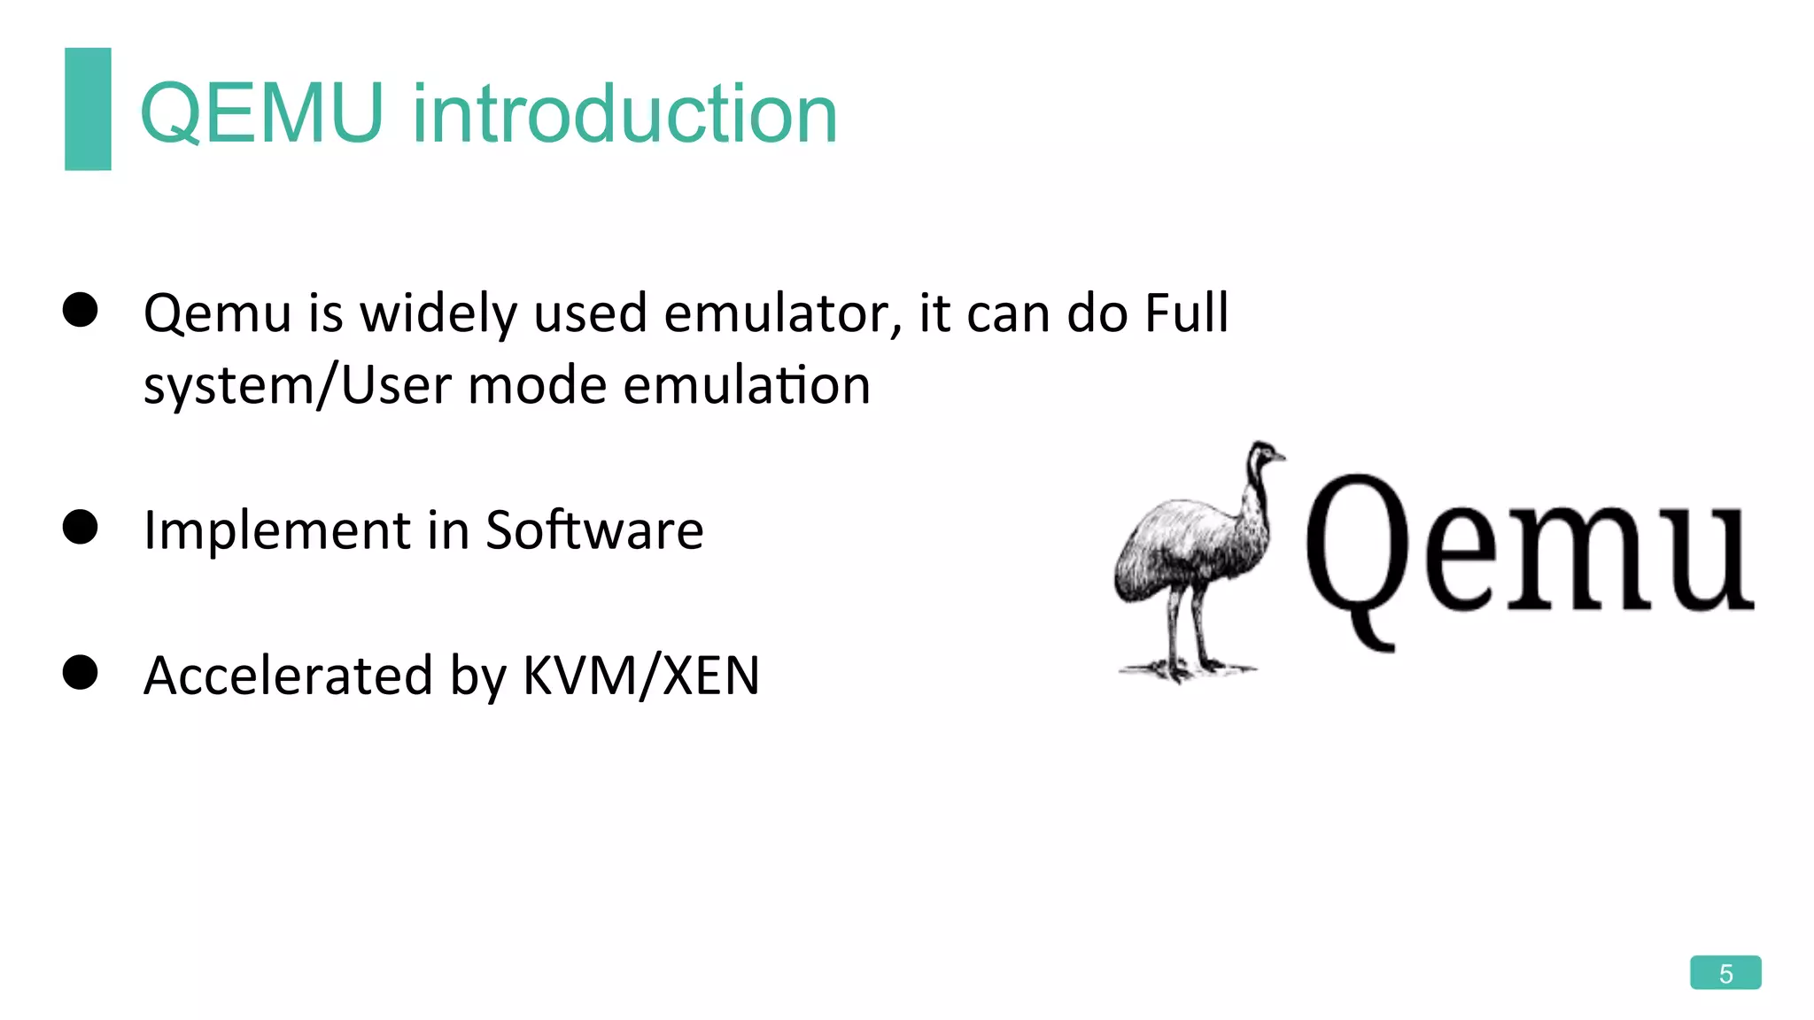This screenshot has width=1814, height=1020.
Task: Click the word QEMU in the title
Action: (262, 113)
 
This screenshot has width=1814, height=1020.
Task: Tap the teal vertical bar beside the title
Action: (88, 109)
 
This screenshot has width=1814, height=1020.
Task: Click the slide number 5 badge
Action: (1725, 973)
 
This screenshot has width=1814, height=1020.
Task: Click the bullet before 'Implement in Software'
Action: (81, 528)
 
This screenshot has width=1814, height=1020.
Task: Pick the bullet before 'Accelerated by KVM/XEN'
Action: (81, 673)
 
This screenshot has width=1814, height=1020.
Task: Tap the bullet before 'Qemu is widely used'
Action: (81, 310)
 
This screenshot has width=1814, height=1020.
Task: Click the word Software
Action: (594, 530)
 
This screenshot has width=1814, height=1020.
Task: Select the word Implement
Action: (276, 532)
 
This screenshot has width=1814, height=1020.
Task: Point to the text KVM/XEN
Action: (641, 676)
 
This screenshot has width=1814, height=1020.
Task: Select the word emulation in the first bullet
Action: (747, 386)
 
